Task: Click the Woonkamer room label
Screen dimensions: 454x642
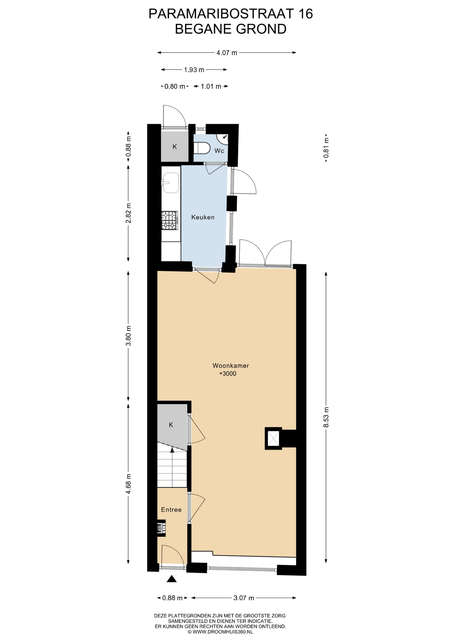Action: coord(231,365)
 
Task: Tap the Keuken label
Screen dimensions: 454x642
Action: coord(203,217)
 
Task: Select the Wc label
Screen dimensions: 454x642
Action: coord(219,151)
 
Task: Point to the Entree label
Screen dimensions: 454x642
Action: coord(171,510)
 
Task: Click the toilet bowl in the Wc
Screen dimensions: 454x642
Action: coord(202,147)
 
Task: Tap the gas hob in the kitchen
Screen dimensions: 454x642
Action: coord(169,220)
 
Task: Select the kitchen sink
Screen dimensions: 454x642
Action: coord(171,183)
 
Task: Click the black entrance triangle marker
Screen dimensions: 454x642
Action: coord(172,579)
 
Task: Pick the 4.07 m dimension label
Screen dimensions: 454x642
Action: coord(227,53)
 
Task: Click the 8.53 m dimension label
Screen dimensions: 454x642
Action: coord(326,417)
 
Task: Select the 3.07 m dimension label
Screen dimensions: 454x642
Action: coord(244,598)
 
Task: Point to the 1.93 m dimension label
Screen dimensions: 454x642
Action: coord(194,70)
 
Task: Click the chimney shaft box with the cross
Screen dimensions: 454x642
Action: coord(273,438)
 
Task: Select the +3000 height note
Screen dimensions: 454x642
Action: coord(228,373)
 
